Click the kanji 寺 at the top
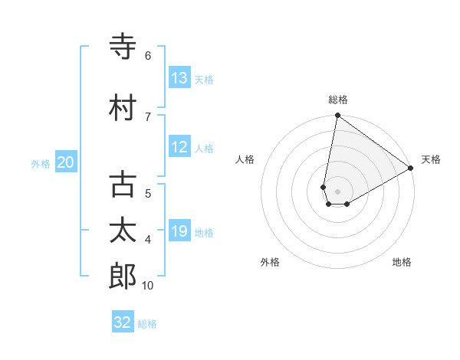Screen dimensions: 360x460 tap(123, 47)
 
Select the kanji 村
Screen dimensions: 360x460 tap(123, 108)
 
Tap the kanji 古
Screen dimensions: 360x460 tap(123, 185)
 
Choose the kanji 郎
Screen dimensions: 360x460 tap(123, 277)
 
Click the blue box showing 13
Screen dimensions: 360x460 tap(179, 78)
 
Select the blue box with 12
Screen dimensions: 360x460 tap(179, 147)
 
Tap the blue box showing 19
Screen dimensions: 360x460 tap(179, 231)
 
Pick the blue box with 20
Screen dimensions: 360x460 tap(66, 162)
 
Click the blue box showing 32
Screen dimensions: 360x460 tap(123, 322)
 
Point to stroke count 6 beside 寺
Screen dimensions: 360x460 tap(148, 55)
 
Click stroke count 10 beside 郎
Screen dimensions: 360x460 tap(148, 285)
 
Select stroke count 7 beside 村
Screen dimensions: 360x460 tap(148, 116)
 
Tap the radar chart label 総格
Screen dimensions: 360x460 tap(337, 100)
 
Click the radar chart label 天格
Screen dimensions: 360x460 tap(431, 159)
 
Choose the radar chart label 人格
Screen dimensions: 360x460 tap(245, 159)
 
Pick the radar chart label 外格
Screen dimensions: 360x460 tap(269, 262)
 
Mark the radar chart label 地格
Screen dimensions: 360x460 tap(402, 262)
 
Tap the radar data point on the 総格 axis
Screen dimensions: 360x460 tap(337, 116)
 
